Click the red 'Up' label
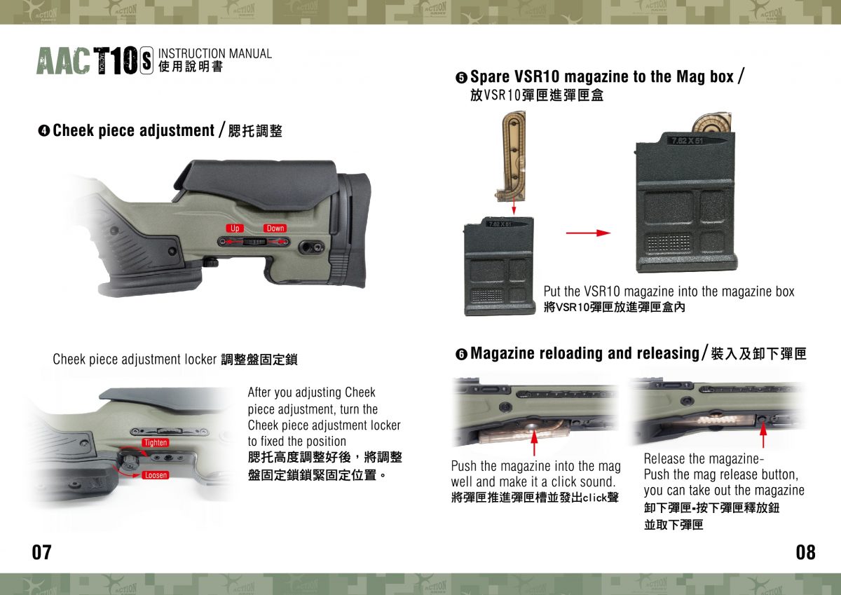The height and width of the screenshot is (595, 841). pos(235,228)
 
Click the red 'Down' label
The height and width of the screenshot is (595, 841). pos(275,228)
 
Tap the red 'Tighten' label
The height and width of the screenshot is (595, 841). pos(156,442)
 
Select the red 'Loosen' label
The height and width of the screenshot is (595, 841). pos(156,475)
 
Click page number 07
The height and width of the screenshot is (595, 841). pos(42,552)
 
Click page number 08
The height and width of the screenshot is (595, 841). pos(805,552)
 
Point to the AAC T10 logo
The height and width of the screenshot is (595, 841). pos(94,62)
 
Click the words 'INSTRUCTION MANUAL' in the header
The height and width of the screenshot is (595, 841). pos(215,53)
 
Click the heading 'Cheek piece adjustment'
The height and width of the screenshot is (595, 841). pos(133,130)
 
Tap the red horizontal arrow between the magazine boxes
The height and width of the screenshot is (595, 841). pos(587,233)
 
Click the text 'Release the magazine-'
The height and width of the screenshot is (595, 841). pos(703,459)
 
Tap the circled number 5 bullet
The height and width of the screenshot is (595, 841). pos(461,77)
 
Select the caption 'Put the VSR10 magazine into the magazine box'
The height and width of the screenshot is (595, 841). pos(669,292)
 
